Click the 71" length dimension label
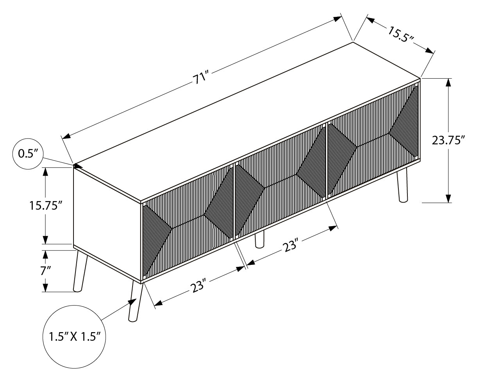[x=201, y=77]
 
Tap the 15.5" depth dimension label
[x=401, y=34]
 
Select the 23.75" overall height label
[x=448, y=140]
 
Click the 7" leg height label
[x=45, y=271]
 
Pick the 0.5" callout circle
[x=28, y=154]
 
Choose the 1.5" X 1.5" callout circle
[x=74, y=337]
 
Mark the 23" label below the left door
[x=198, y=286]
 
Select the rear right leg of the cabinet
[x=402, y=185]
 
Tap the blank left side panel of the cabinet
[x=107, y=223]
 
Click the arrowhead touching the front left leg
[x=133, y=302]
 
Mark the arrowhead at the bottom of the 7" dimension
[x=45, y=288]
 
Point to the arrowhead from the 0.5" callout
[x=78, y=166]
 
